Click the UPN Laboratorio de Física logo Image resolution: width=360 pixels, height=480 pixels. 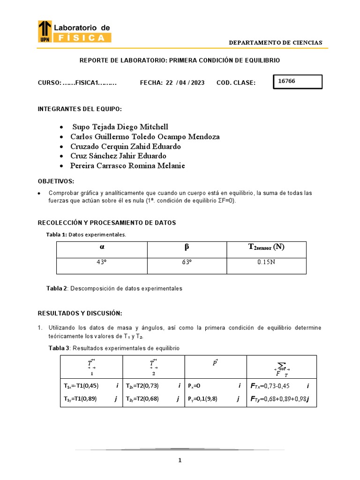point(74,32)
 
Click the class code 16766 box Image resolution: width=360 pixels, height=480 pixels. point(298,82)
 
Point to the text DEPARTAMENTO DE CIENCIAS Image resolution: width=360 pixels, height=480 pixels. point(275,43)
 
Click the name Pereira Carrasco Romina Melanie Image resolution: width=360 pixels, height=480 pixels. point(127,165)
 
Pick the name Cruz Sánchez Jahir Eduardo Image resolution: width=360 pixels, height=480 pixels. point(118,156)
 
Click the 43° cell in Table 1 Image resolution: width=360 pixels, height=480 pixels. point(102,262)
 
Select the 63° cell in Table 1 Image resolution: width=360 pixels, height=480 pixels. point(187,262)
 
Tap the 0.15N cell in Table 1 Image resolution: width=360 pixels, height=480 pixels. point(266,262)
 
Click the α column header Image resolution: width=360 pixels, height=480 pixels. point(102,247)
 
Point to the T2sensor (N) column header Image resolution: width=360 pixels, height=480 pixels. point(266,247)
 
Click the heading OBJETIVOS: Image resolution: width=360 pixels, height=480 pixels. point(56,181)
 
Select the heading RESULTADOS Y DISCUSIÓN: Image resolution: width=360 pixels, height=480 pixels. point(80,313)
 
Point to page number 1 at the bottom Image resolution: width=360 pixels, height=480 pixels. point(180,460)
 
